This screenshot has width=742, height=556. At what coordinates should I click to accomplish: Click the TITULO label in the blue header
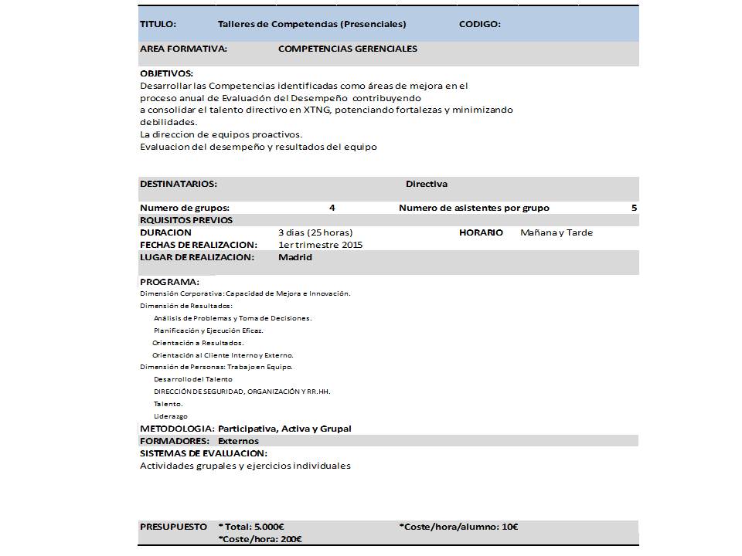(x=158, y=25)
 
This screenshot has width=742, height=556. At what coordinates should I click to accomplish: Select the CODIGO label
(x=479, y=25)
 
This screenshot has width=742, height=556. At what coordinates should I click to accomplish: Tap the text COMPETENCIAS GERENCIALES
(x=347, y=49)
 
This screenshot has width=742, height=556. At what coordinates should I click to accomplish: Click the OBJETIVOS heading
(x=166, y=73)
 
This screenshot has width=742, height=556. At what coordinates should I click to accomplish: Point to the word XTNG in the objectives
(x=315, y=110)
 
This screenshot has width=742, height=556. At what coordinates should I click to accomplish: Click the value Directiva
(x=426, y=185)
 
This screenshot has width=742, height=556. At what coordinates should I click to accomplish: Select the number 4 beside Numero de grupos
(x=332, y=208)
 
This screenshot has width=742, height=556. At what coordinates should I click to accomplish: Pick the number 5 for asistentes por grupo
(x=634, y=208)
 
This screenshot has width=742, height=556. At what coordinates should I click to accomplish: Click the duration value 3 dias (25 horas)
(x=315, y=232)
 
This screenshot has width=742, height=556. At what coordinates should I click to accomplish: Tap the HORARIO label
(x=481, y=232)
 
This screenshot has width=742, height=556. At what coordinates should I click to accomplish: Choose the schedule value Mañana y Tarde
(x=556, y=232)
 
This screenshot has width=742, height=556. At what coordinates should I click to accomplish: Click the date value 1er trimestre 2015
(x=320, y=245)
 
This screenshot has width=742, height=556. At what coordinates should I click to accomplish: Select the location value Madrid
(x=294, y=257)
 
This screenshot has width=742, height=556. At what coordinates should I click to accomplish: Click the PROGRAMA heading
(x=169, y=282)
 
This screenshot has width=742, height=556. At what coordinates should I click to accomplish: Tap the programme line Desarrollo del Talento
(x=192, y=380)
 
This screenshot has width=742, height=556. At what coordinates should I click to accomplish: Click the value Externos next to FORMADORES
(x=238, y=441)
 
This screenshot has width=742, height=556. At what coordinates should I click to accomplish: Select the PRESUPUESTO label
(x=173, y=527)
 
